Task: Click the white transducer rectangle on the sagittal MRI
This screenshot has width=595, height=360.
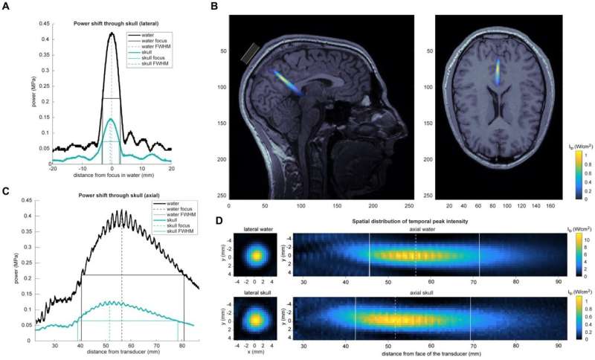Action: tap(251, 53)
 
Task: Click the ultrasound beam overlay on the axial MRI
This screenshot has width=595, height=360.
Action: tap(497, 72)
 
